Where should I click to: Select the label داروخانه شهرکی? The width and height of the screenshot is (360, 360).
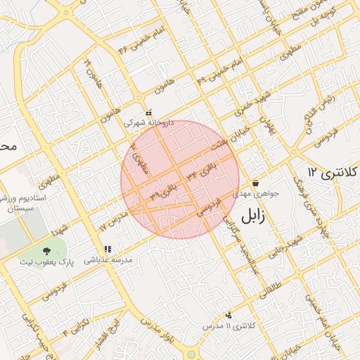(x=148, y=122)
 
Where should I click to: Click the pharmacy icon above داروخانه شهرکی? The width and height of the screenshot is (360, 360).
(x=148, y=112)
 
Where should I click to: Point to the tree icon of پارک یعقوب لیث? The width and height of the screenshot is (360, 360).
(x=46, y=250)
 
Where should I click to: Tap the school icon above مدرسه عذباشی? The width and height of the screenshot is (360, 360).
(x=108, y=249)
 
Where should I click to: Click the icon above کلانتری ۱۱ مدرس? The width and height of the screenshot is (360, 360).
(x=228, y=315)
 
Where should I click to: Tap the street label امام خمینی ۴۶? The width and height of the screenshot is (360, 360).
(x=134, y=49)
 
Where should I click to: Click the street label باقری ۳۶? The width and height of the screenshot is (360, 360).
(x=161, y=190)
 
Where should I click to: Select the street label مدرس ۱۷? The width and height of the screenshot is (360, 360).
(x=112, y=221)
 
